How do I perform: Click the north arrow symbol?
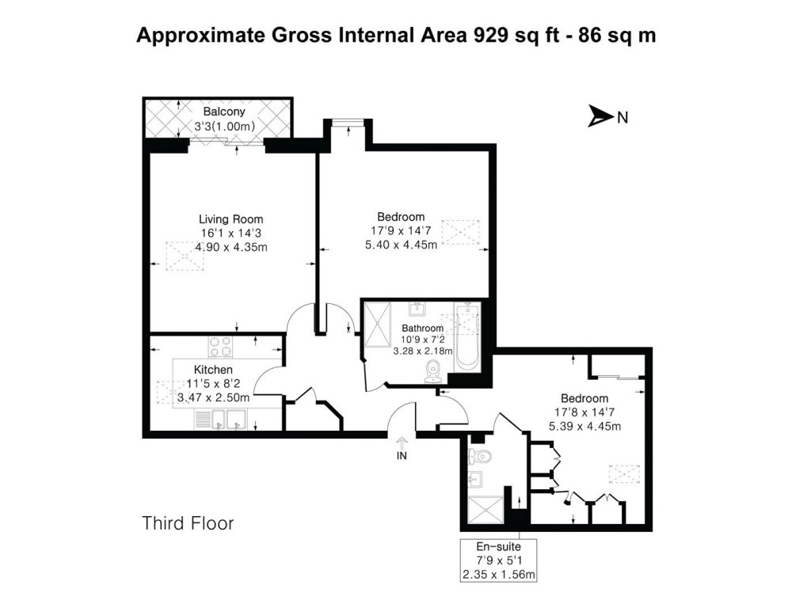(x=600, y=117)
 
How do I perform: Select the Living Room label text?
(x=230, y=219)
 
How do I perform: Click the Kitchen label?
(x=213, y=370)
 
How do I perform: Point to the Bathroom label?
(x=422, y=328)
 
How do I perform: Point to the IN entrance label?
(x=402, y=457)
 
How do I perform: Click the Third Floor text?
(x=188, y=523)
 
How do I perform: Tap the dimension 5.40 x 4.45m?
(x=400, y=245)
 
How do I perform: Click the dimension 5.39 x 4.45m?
(x=584, y=427)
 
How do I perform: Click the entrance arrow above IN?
(x=402, y=443)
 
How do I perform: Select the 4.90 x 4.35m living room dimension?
(x=231, y=246)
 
